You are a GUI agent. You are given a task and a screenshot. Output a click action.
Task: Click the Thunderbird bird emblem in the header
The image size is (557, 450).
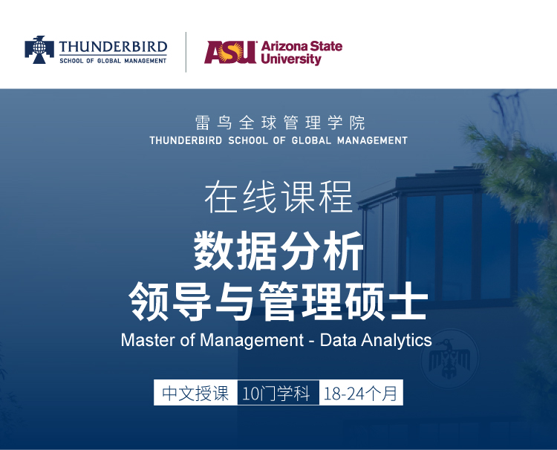(x=39, y=50)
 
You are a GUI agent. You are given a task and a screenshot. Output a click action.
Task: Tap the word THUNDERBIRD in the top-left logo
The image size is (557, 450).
(x=113, y=48)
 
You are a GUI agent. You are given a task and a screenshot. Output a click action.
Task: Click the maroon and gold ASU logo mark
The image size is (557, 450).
(x=230, y=52)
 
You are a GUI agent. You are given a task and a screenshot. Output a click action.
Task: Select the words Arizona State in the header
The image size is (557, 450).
(x=302, y=46)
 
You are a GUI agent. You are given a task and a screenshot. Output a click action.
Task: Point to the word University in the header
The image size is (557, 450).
(x=291, y=59)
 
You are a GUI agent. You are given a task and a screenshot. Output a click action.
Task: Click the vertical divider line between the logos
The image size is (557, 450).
(x=186, y=52)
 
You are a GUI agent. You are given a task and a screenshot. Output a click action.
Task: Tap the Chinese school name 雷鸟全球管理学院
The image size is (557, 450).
(x=279, y=123)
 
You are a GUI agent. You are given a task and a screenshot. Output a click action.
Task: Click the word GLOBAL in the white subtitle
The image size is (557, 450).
(x=311, y=140)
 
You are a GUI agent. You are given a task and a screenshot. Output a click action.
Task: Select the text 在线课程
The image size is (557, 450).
(x=278, y=196)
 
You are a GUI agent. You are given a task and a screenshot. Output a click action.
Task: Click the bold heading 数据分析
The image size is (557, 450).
(x=278, y=250)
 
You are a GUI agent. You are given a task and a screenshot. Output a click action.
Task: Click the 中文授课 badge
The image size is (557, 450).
(x=195, y=393)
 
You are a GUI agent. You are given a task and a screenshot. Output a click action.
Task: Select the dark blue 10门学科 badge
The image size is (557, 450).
(x=278, y=393)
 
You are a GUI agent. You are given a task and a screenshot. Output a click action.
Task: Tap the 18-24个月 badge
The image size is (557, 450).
(x=361, y=393)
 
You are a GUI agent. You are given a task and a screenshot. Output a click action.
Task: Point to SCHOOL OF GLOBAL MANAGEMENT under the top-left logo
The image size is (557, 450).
(x=113, y=61)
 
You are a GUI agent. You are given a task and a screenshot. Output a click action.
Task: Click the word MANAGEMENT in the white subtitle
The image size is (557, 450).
(x=372, y=140)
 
